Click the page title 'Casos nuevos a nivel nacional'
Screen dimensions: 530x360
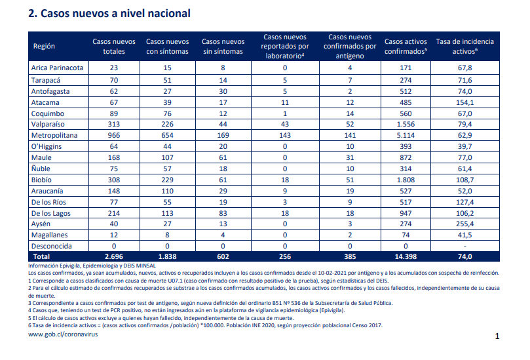click(x=115, y=14)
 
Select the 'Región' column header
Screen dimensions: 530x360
click(x=44, y=47)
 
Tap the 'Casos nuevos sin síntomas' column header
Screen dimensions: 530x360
click(x=223, y=47)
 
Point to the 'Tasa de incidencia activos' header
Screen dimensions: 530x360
click(x=464, y=47)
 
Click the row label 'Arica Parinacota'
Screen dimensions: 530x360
click(x=57, y=68)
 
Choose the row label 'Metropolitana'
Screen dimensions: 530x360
click(x=54, y=135)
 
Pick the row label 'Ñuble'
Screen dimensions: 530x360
click(x=41, y=169)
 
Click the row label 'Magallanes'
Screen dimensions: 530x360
click(x=49, y=235)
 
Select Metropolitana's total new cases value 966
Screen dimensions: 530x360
click(x=114, y=135)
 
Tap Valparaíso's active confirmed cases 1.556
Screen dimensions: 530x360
click(x=406, y=124)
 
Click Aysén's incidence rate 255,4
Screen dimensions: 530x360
click(x=464, y=224)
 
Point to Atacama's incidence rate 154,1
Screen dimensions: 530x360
click(x=464, y=102)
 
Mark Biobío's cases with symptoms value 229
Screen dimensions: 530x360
click(x=167, y=180)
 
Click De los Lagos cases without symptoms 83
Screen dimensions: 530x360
click(x=223, y=213)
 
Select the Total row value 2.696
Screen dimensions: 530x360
click(x=114, y=256)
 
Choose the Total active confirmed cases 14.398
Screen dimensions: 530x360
click(x=406, y=256)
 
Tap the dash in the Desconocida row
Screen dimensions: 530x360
click(x=464, y=247)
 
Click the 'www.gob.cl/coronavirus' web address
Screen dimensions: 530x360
click(x=63, y=334)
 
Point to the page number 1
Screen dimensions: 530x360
click(x=497, y=336)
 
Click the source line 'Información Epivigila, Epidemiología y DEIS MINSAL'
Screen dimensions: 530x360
click(x=92, y=266)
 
